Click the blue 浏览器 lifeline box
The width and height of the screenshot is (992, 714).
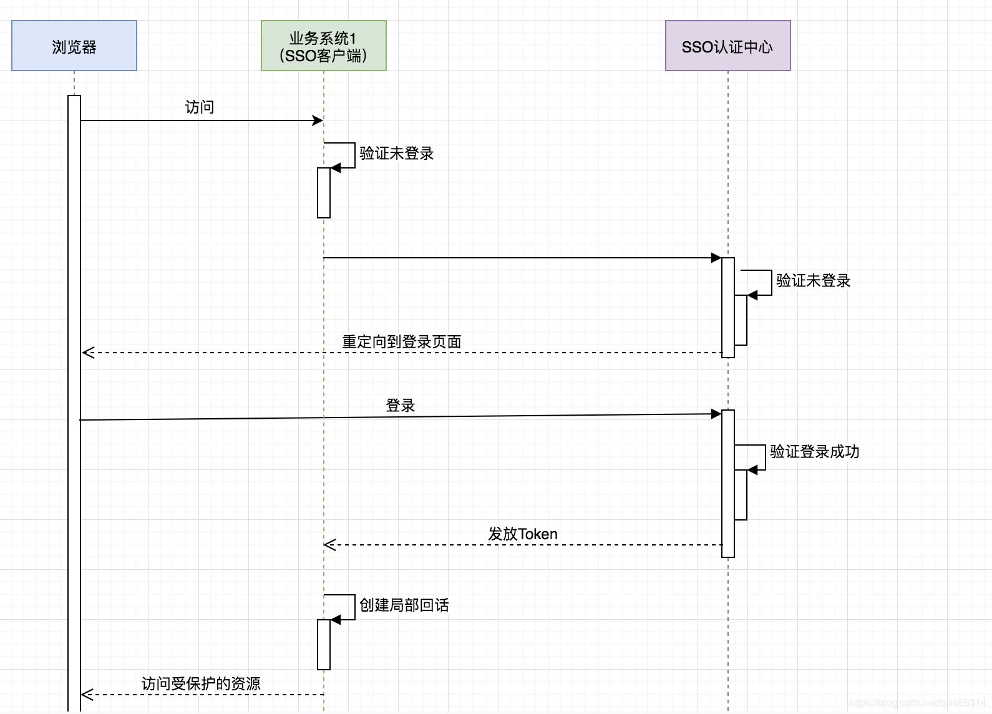(x=74, y=46)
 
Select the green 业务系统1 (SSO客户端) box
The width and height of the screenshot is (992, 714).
(x=323, y=46)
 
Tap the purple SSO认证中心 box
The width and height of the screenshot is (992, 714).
(x=727, y=46)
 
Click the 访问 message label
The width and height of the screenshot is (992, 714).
(x=199, y=107)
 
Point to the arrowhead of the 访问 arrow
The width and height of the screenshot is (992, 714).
(x=318, y=120)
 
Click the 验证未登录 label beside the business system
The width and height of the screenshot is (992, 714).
(x=396, y=154)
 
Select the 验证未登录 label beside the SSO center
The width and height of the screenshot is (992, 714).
(x=813, y=281)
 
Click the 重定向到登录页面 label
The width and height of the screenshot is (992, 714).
(x=401, y=342)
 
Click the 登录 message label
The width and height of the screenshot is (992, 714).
(x=400, y=406)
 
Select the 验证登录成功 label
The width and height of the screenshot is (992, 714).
(x=814, y=452)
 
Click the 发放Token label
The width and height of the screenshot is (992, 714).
(x=522, y=534)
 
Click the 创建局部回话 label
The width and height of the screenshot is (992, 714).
(x=404, y=605)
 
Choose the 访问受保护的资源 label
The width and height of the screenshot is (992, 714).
(x=200, y=684)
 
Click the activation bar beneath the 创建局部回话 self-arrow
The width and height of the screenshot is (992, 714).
(x=323, y=645)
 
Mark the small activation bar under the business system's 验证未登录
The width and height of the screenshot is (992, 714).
(x=323, y=193)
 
